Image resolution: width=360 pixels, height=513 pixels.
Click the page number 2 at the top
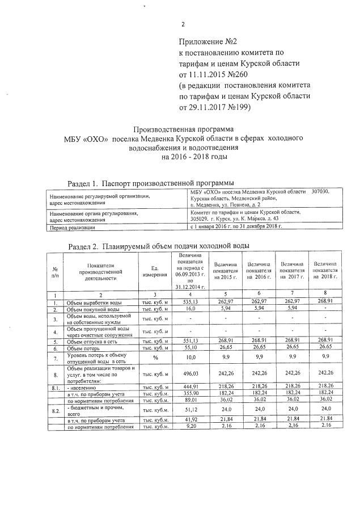[x=183, y=24]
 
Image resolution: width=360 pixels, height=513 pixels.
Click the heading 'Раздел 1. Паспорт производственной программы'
[x=150, y=183]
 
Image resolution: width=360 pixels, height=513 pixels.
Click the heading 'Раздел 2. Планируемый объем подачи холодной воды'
[x=158, y=246]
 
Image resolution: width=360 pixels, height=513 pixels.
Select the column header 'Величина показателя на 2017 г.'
[x=292, y=271]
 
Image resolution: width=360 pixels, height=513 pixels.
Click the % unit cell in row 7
[x=155, y=358]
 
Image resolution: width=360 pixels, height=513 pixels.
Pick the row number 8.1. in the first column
[x=56, y=387]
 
